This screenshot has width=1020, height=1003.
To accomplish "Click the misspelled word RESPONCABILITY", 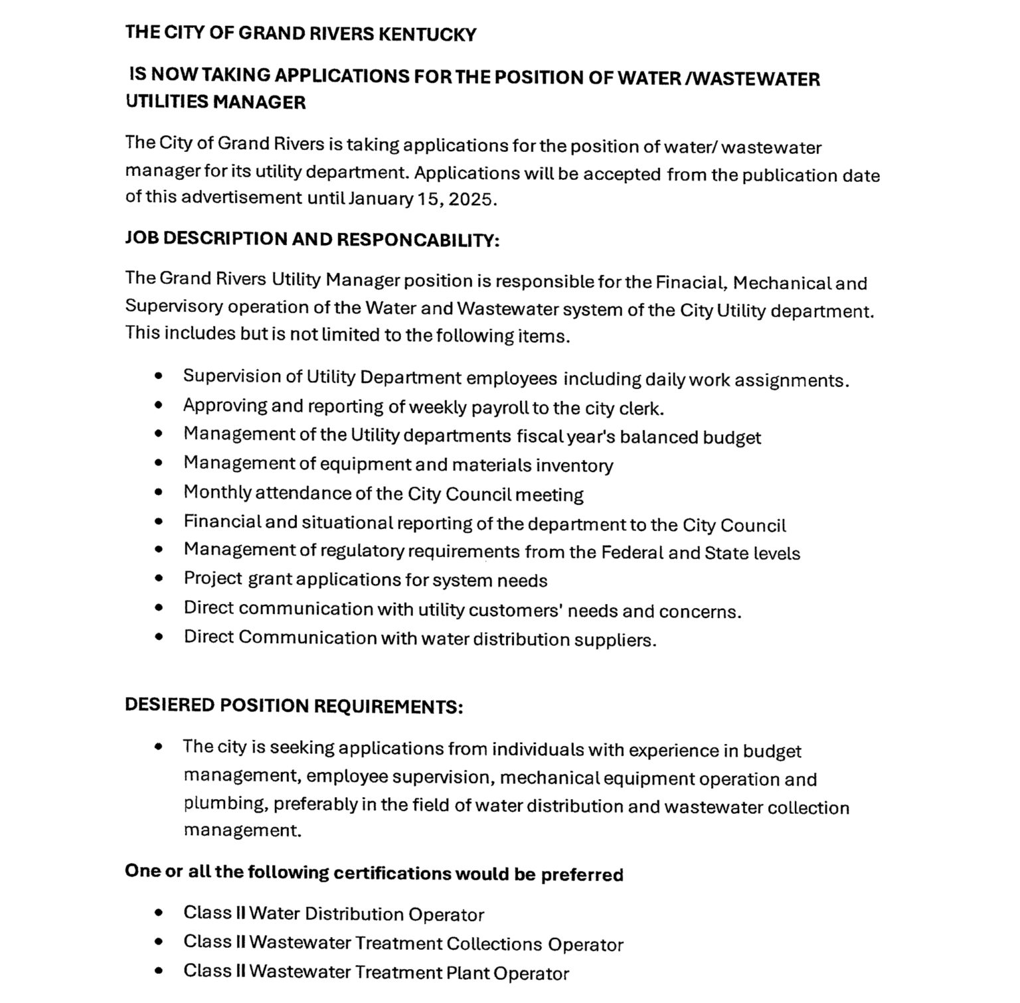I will (418, 240).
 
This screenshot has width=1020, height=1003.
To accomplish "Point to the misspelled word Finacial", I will (691, 283).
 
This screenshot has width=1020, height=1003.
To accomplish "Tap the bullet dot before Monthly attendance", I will (158, 493).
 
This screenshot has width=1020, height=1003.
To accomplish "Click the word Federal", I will (632, 553).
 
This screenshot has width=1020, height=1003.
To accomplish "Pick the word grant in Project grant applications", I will (270, 579).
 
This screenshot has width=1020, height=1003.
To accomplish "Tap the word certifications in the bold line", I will (392, 874).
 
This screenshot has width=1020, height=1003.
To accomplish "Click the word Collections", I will (494, 944).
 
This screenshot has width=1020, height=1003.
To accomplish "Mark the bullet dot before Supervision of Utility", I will (158, 376).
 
